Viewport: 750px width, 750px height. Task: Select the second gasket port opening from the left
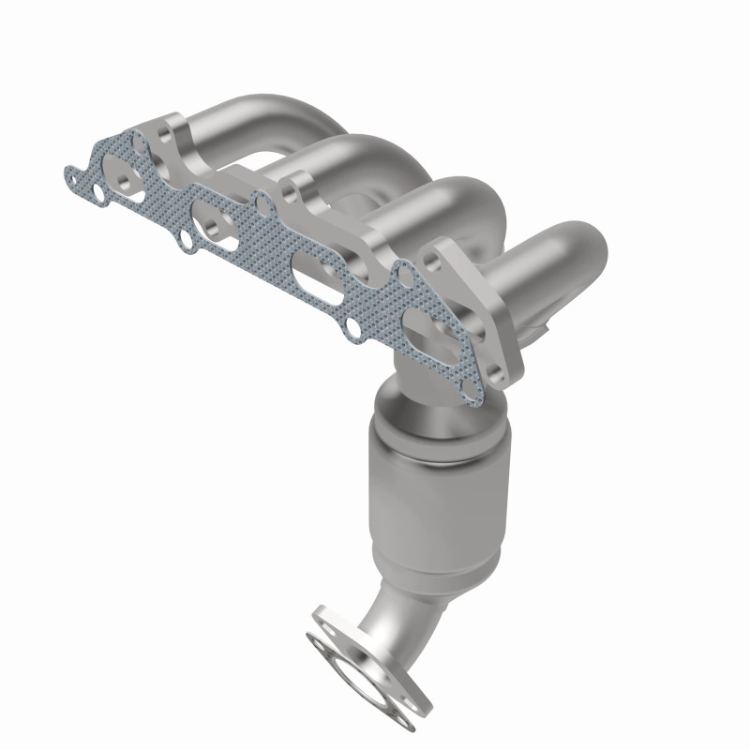pyautogui.click(x=213, y=226)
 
